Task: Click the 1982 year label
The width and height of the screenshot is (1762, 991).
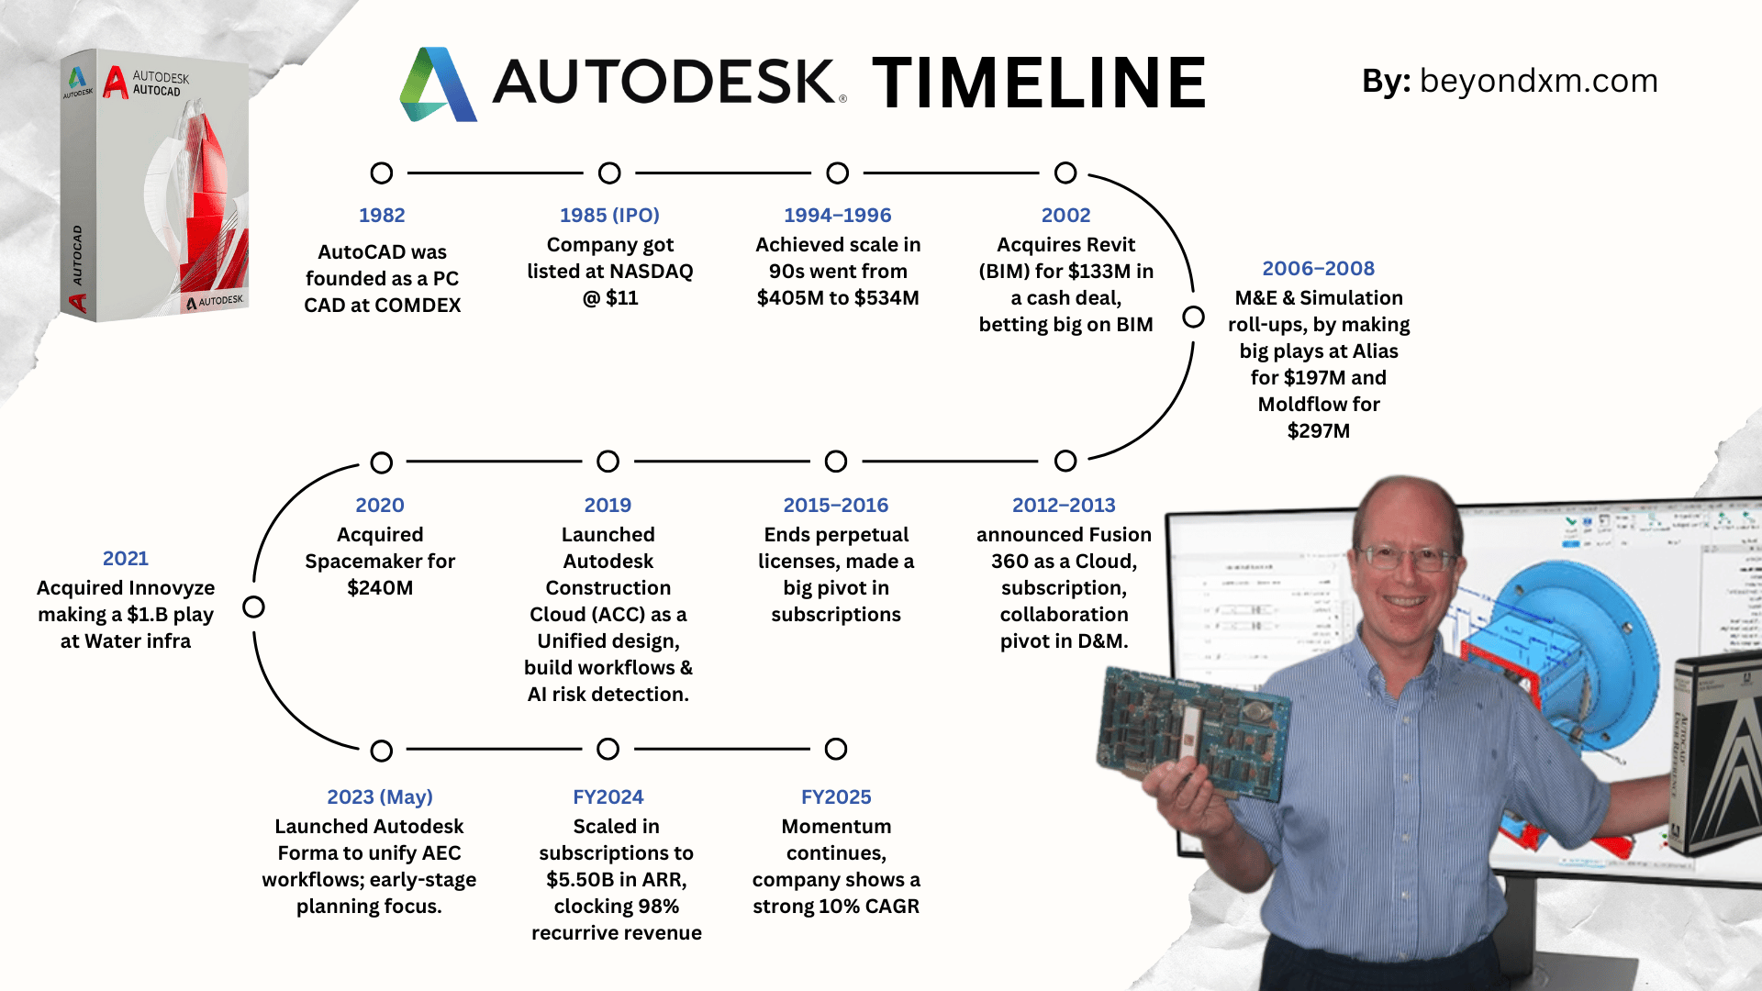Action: coord(382,215)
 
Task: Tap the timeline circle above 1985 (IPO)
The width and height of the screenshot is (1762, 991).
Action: coord(609,173)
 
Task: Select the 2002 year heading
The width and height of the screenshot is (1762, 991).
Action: coord(1065,215)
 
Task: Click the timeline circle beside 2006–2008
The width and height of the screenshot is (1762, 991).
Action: coord(1193,317)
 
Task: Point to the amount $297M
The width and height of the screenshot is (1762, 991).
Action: coord(1319,431)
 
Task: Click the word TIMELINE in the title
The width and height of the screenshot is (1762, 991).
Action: coord(1039,82)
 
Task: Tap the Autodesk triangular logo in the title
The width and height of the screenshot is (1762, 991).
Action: coord(438,84)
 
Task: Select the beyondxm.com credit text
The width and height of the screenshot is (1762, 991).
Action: coord(1539,81)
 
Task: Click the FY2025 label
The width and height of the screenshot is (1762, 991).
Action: coord(836,796)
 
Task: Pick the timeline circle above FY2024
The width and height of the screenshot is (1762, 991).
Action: coord(608,749)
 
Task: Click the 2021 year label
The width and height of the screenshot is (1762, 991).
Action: coord(126,558)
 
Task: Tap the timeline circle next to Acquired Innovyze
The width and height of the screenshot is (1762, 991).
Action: coord(253,607)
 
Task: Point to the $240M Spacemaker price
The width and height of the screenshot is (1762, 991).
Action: coord(380,587)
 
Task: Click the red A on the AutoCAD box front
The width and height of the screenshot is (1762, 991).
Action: coord(116,83)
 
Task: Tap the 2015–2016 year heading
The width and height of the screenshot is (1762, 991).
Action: coord(836,505)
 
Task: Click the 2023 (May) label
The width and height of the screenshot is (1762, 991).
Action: coord(380,796)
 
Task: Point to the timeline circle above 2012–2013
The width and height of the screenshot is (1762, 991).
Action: coord(1065,461)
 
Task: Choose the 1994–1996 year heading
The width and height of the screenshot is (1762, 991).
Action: coord(838,215)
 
